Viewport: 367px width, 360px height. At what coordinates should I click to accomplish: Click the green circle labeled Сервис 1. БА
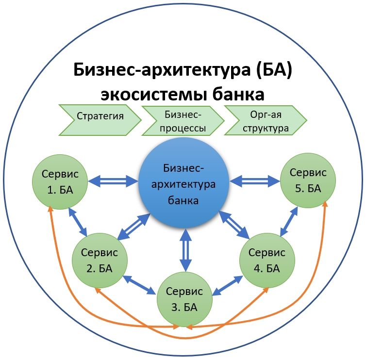click(61, 182)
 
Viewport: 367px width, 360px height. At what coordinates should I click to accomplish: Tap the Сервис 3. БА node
click(184, 299)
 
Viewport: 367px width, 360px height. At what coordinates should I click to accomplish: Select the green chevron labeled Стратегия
click(100, 116)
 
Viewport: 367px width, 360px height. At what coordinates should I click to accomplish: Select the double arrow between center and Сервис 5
click(255, 181)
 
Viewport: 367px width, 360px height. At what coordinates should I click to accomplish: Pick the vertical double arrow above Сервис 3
click(184, 249)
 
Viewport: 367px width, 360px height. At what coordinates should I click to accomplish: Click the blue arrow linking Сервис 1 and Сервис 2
click(79, 222)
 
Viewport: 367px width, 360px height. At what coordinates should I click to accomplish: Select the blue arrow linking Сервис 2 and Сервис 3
click(140, 285)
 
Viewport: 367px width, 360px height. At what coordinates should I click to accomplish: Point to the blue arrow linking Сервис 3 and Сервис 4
click(228, 285)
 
